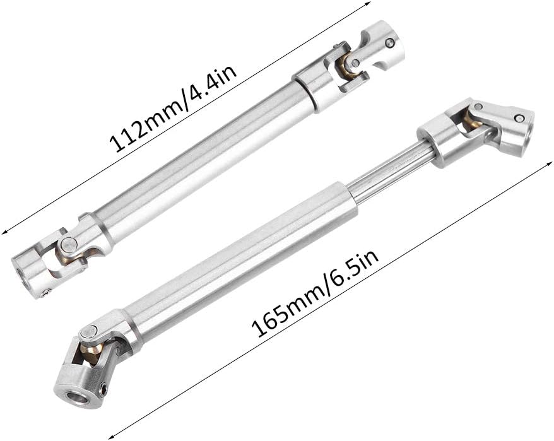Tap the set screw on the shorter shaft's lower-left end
45,291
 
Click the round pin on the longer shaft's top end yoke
517,117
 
